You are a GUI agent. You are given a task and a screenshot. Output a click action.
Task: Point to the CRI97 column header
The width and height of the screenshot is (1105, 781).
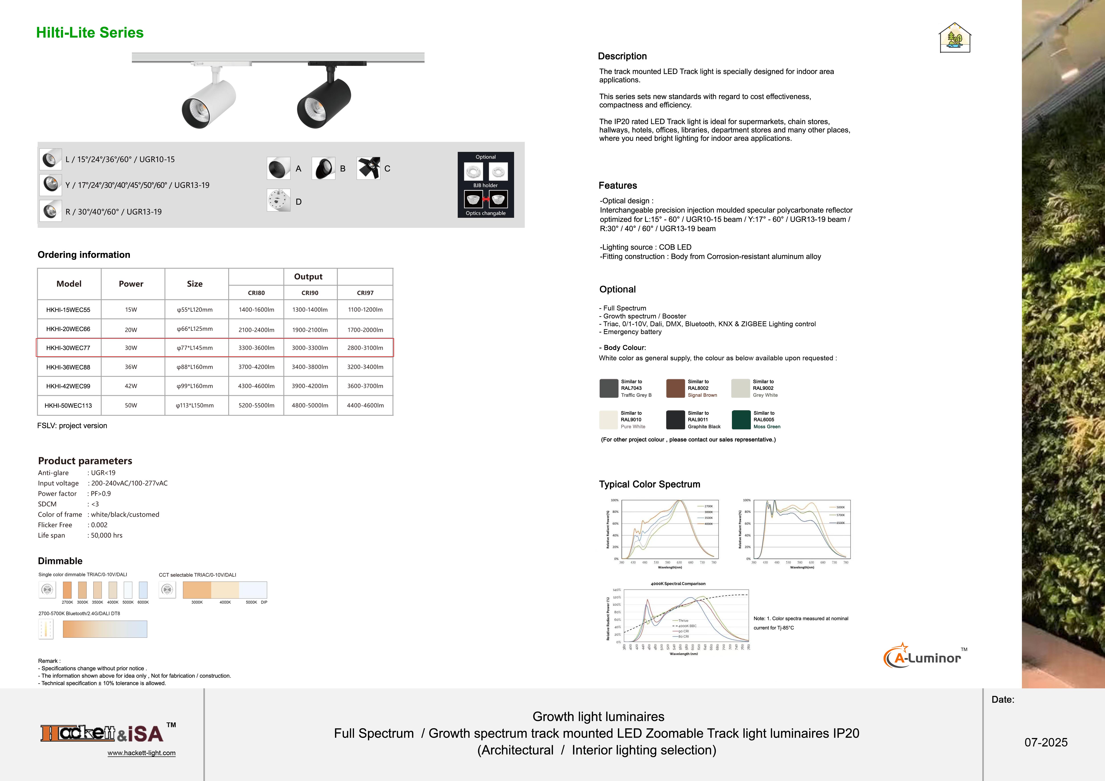pos(365,293)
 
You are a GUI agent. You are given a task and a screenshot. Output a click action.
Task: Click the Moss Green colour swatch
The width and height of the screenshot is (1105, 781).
pos(741,420)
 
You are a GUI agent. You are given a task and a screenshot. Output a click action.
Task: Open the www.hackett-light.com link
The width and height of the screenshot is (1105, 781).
pos(141,753)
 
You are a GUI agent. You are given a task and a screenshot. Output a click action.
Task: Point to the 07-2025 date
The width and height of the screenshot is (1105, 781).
pos(1046,742)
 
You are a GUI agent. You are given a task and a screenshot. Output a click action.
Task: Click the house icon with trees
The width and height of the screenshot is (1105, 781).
pos(955,38)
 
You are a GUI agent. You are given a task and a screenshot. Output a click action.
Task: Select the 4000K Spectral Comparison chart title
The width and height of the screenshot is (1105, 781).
pos(678,584)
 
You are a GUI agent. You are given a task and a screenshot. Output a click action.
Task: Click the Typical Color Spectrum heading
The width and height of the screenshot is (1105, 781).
pos(649,484)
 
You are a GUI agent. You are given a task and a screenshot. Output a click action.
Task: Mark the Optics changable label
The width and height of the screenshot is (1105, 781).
pos(486,213)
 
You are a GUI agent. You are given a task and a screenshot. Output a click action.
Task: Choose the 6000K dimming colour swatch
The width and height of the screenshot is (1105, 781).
pos(143,590)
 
